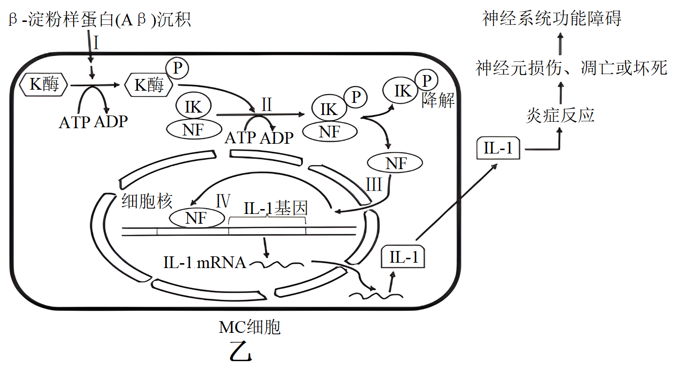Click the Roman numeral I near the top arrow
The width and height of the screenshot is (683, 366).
[x=97, y=44]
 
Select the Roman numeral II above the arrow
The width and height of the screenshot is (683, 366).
[x=266, y=105]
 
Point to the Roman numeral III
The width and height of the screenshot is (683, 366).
[x=374, y=186]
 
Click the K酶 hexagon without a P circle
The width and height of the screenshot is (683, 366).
[x=44, y=85]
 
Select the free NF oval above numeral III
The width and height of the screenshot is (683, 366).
[x=395, y=163]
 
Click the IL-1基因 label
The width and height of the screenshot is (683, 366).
[x=275, y=209]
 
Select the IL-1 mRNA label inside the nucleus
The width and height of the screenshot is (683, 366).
[x=204, y=263]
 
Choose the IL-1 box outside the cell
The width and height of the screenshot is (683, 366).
[x=498, y=148]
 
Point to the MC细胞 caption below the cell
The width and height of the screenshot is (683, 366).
[x=250, y=327]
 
